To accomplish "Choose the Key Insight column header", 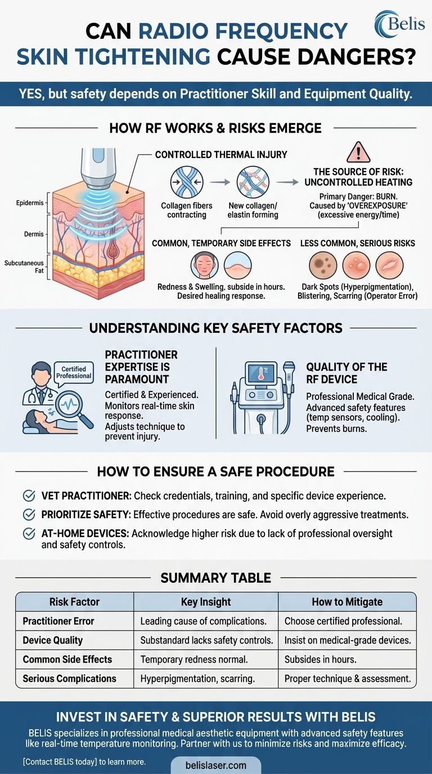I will pyautogui.click(x=206, y=602).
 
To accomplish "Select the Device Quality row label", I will pyautogui.click(x=52, y=640).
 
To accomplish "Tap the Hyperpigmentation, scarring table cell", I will pyautogui.click(x=197, y=678).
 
